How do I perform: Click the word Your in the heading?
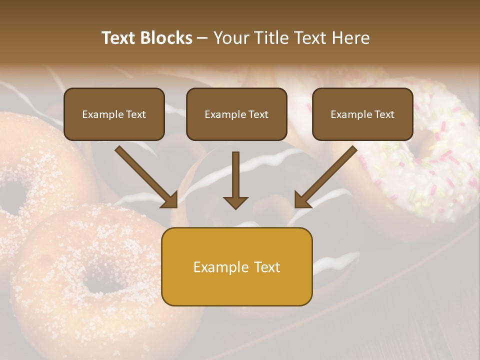pos(230,38)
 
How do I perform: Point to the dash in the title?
pos(202,38)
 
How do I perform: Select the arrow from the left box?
pos(145,176)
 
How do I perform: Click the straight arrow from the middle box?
pos(235,175)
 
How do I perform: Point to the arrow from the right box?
pos(327,176)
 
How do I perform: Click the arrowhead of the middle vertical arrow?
pos(235,202)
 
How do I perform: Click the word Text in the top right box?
pos(384,114)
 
